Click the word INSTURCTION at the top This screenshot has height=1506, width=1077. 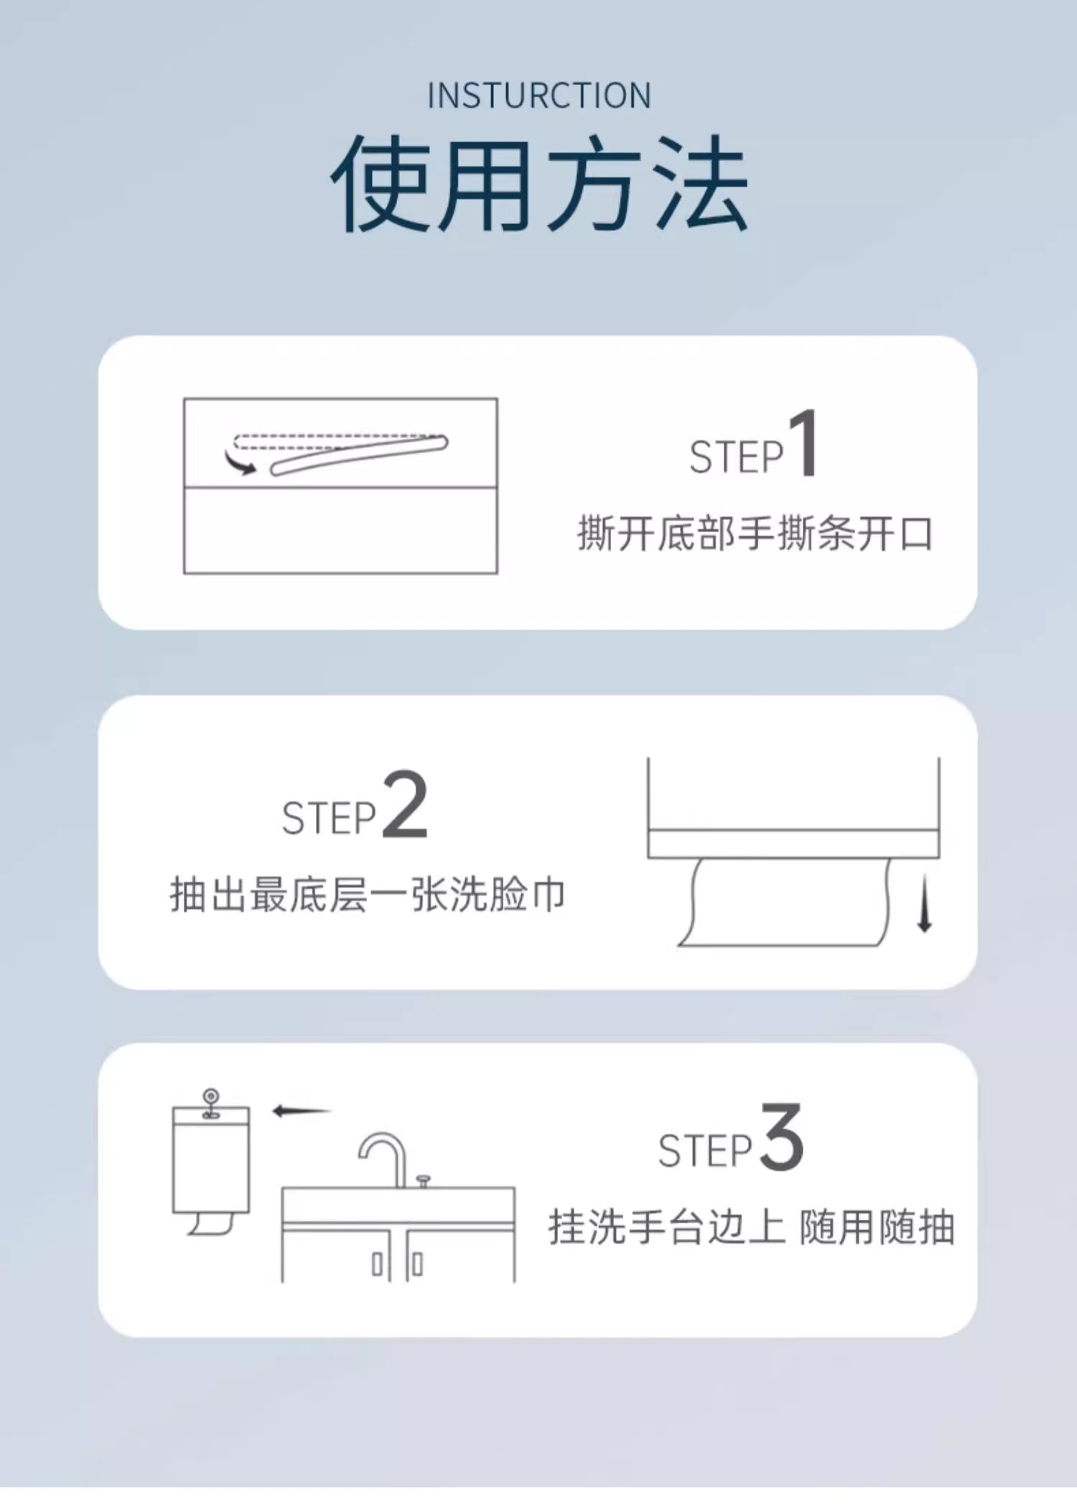539,96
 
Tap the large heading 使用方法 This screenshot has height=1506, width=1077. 540,184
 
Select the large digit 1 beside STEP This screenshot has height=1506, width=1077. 804,442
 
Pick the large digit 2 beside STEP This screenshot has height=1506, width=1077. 405,804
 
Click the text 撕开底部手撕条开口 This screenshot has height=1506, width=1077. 755,534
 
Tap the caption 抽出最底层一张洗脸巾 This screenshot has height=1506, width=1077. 368,895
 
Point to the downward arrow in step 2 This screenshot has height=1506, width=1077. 925,903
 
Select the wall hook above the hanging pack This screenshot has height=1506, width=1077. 210,1104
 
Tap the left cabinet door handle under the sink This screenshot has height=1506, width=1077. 377,1265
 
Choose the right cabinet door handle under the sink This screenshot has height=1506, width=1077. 418,1265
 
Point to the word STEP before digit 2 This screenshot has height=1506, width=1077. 329,818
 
